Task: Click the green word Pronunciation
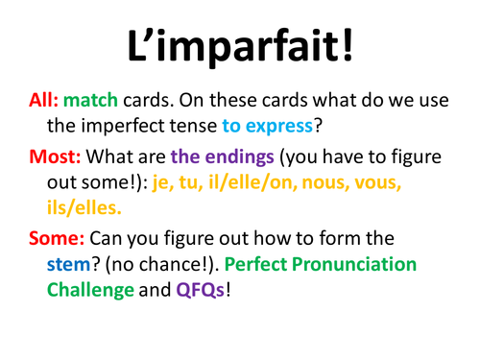(x=377, y=262)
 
